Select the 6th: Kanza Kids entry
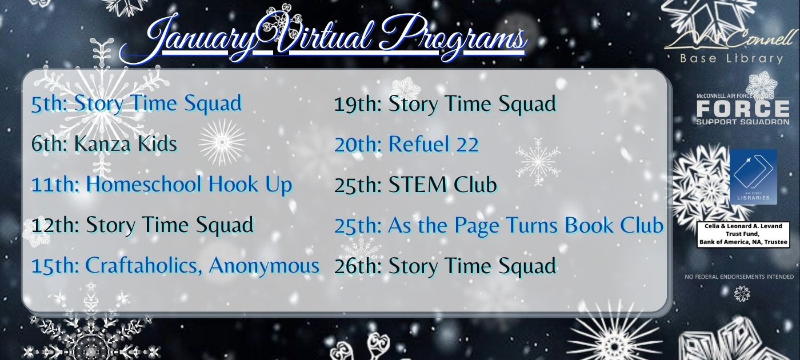(104, 144)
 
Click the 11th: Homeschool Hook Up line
(162, 185)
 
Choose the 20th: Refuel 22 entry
(406, 144)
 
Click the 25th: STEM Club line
(415, 185)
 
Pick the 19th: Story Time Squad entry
(445, 104)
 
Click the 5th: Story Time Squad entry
(137, 103)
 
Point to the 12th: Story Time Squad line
(142, 225)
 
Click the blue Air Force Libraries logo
(753, 177)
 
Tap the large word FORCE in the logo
(743, 108)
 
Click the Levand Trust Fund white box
(743, 234)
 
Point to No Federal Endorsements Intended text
(739, 277)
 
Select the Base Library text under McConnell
(731, 58)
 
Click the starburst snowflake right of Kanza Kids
(222, 142)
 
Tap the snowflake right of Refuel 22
(538, 161)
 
